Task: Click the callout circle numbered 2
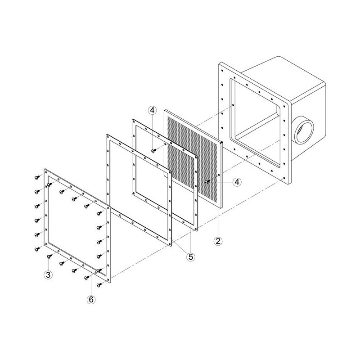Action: pyautogui.click(x=218, y=241)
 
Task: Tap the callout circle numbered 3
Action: pyautogui.click(x=48, y=275)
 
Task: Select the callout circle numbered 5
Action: pyautogui.click(x=191, y=256)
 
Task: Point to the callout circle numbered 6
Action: pyautogui.click(x=91, y=299)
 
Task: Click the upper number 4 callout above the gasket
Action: pyautogui.click(x=152, y=110)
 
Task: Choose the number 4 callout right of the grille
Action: pyautogui.click(x=237, y=182)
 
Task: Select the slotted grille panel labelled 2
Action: pyautogui.click(x=193, y=158)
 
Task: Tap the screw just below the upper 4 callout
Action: pyautogui.click(x=153, y=150)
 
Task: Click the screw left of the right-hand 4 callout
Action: pyautogui.click(x=207, y=181)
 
